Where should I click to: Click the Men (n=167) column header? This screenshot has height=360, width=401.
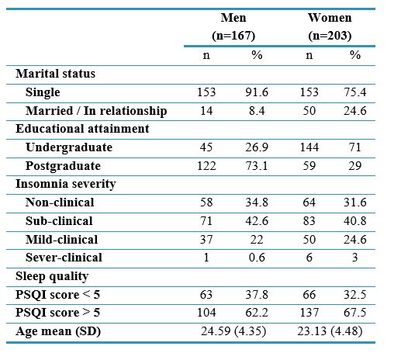pyautogui.click(x=233, y=26)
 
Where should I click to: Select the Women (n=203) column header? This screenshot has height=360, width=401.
pyautogui.click(x=330, y=26)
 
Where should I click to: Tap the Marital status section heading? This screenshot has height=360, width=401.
pyautogui.click(x=55, y=74)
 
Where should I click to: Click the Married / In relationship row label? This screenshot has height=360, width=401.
pyautogui.click(x=96, y=111)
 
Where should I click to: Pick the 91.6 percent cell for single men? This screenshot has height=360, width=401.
pyautogui.click(x=257, y=92)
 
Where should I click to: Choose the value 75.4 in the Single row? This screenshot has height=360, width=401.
pyautogui.click(x=355, y=92)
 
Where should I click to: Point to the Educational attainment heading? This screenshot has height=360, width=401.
pyautogui.click(x=82, y=129)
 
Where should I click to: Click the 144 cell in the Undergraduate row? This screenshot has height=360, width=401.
pyautogui.click(x=309, y=147)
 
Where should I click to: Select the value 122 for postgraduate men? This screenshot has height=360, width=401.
pyautogui.click(x=206, y=166)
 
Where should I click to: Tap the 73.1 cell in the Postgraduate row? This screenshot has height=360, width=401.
pyautogui.click(x=257, y=166)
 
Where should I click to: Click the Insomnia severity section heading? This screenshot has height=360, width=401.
pyautogui.click(x=66, y=184)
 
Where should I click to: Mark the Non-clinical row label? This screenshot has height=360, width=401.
pyautogui.click(x=60, y=202)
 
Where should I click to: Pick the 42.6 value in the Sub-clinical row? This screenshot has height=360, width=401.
pyautogui.click(x=257, y=221)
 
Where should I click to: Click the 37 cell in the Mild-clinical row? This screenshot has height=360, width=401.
pyautogui.click(x=206, y=240)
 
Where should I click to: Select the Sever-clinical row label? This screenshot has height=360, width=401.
pyautogui.click(x=64, y=258)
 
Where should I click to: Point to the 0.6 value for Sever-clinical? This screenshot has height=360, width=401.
pyautogui.click(x=257, y=258)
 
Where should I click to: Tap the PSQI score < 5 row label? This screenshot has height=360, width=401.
pyautogui.click(x=57, y=295)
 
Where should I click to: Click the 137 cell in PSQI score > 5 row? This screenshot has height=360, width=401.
pyautogui.click(x=309, y=313)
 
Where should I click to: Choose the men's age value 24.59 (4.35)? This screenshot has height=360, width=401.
pyautogui.click(x=233, y=331)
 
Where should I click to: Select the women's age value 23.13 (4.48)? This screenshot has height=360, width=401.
pyautogui.click(x=330, y=331)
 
